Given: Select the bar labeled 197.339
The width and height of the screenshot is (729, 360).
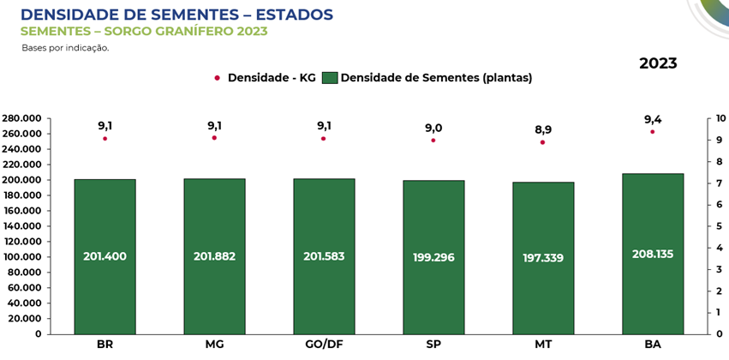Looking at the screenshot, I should (543, 257).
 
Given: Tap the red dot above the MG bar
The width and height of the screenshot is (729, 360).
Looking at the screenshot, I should (214, 138).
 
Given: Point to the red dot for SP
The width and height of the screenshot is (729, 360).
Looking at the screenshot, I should (433, 140).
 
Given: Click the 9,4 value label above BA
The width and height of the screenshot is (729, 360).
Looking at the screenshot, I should (653, 120).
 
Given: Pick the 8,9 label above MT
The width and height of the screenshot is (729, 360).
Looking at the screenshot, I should (543, 129).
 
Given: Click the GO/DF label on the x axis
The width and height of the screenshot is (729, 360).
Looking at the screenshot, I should (324, 345).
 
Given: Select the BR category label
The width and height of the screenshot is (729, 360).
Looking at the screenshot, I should (105, 345).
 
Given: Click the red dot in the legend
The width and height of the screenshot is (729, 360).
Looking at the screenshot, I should (218, 78).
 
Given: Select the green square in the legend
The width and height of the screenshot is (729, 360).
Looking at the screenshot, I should (330, 78).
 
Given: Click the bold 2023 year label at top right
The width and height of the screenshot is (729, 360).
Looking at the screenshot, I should (658, 63).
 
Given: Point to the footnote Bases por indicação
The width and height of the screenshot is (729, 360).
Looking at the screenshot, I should (65, 48).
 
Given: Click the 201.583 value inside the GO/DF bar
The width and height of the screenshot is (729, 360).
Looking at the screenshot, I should (324, 256).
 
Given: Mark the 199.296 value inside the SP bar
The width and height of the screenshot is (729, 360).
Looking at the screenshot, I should (433, 257).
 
